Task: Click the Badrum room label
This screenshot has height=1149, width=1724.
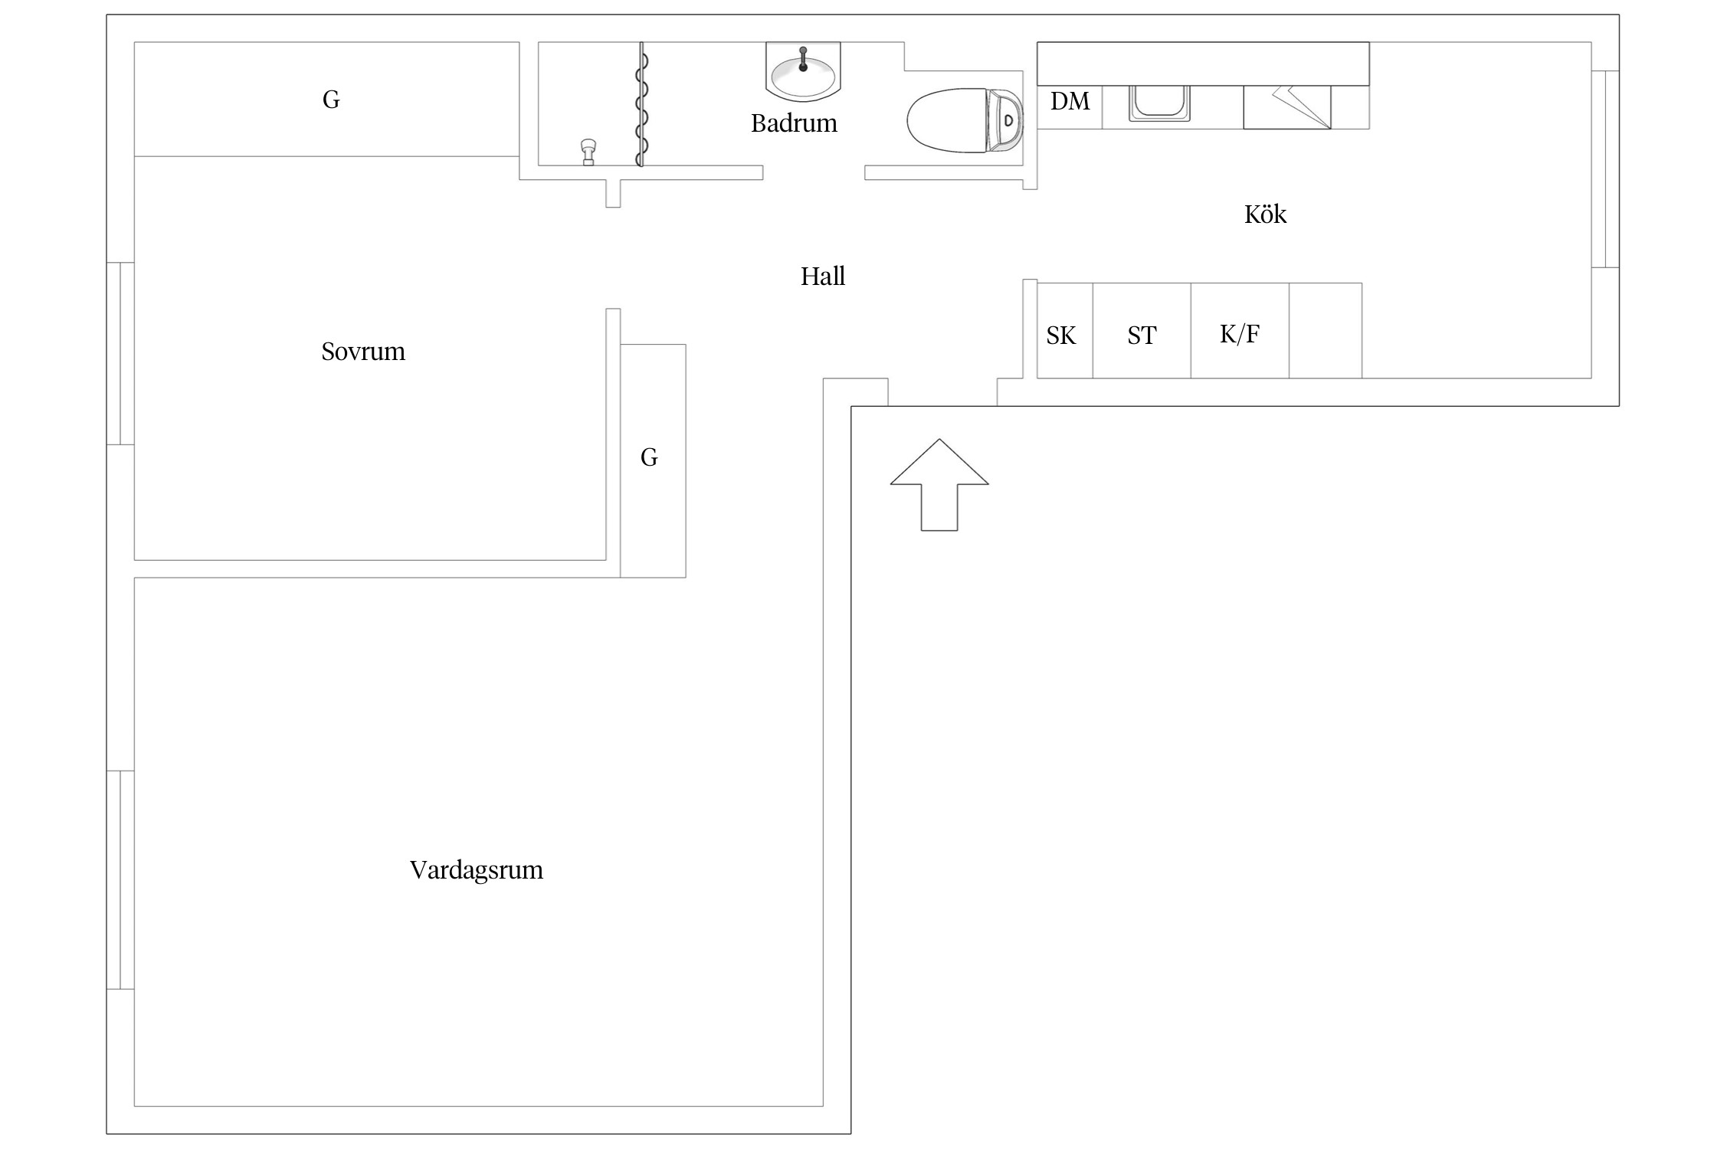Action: tap(793, 123)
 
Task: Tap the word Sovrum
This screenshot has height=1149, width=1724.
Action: tap(362, 352)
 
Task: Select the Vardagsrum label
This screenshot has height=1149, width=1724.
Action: tap(476, 870)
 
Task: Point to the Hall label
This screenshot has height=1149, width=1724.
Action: tap(822, 277)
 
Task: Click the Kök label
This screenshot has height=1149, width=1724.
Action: tap(1264, 214)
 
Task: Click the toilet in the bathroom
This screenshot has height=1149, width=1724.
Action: tap(964, 120)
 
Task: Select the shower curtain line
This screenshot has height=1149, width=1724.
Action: tap(641, 104)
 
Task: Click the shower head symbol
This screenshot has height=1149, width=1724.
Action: tap(588, 151)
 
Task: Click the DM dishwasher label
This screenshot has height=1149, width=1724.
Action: tap(1070, 101)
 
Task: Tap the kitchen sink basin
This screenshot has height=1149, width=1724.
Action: tap(1159, 102)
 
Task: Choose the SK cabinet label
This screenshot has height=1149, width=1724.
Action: tap(1061, 336)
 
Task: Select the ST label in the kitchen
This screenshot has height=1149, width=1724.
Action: tap(1141, 336)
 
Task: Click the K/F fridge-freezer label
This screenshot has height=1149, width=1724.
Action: tap(1239, 334)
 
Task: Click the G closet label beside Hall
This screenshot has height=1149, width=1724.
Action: tap(649, 457)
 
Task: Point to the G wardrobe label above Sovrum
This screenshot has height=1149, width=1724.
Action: tap(331, 100)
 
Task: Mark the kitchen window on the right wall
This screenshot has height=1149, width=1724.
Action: tap(1605, 169)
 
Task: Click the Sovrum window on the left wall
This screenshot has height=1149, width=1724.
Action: tap(120, 353)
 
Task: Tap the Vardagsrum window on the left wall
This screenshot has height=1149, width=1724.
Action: tap(120, 879)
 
